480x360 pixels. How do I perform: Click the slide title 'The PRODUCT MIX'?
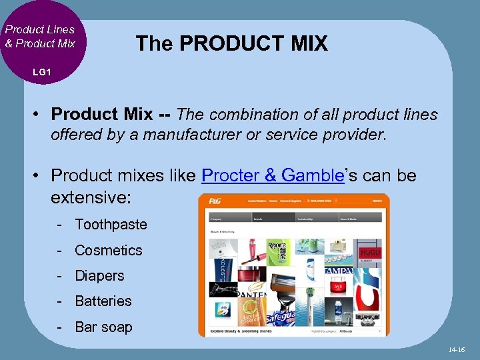tap(231, 44)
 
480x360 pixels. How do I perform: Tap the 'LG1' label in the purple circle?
tap(41, 72)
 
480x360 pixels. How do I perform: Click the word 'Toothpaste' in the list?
tap(111, 225)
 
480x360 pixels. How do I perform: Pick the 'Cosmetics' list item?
tap(109, 251)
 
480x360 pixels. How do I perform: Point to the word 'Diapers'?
tap(99, 276)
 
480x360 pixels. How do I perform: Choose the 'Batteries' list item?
tap(103, 301)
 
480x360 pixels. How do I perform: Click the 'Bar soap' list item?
tap(103, 327)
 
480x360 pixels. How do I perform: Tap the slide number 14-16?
tap(457, 349)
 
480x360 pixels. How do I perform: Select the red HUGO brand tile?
tap(370, 252)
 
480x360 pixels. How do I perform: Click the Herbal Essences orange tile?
tap(250, 312)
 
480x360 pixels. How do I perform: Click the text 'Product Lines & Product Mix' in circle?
tap(40, 36)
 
